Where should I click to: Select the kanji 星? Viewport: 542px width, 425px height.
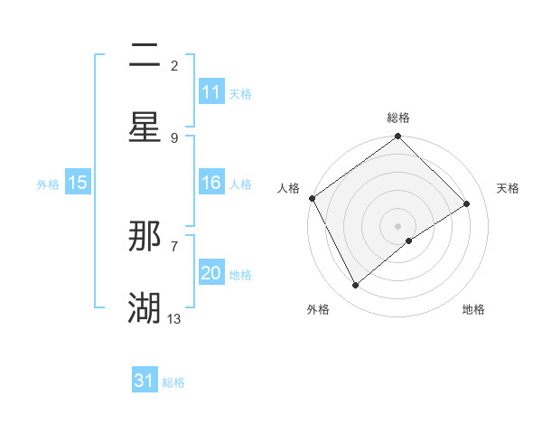coord(145,127)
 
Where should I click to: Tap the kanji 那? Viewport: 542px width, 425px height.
coord(145,236)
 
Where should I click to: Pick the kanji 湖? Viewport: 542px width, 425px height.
coord(145,308)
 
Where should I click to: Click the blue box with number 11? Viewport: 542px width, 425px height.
coord(211,92)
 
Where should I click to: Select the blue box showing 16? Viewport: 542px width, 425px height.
coord(211,183)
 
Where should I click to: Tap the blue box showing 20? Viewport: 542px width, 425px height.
coord(211,273)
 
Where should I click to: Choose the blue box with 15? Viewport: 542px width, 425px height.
coord(78,183)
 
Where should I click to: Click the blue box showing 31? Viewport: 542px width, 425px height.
coord(145,381)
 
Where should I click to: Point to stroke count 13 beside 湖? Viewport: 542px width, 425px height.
coord(174,318)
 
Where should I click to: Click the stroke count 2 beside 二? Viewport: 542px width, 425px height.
coord(174,65)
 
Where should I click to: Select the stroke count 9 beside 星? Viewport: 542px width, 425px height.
coord(174,137)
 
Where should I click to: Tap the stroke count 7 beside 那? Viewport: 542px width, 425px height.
coord(174,246)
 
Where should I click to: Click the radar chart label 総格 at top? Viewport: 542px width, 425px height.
coord(398,118)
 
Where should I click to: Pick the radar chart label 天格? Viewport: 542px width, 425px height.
coord(508,188)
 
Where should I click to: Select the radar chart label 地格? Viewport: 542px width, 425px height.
coord(473,309)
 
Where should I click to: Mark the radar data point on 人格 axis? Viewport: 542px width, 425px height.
coord(312,198)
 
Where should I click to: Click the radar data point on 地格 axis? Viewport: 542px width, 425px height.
coord(409,241)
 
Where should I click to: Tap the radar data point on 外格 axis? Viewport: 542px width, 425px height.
coord(356,286)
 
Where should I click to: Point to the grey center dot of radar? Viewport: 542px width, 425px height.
coord(397,225)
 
